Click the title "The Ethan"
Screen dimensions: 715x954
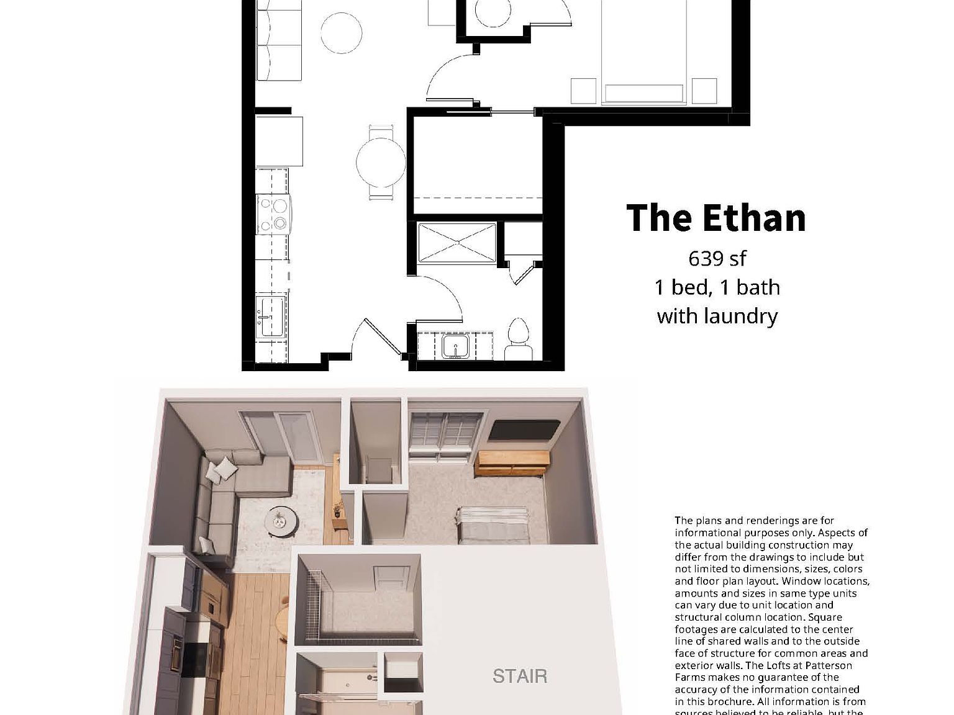tap(715, 218)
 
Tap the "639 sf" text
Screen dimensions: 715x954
tap(717, 258)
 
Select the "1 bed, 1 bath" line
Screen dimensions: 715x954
tap(717, 287)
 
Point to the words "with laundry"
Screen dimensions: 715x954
tap(717, 316)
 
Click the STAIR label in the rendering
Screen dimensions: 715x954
tap(520, 676)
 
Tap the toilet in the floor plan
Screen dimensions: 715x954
tap(519, 340)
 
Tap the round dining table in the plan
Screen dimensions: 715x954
tap(381, 163)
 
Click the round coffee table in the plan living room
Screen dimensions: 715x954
tap(341, 33)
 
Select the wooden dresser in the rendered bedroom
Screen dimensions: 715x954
tap(512, 464)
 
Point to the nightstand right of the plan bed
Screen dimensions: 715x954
tap(704, 91)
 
